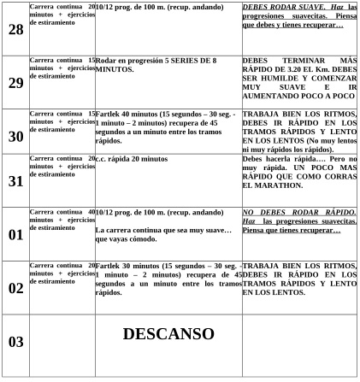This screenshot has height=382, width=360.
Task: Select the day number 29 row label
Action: pos(15,83)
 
